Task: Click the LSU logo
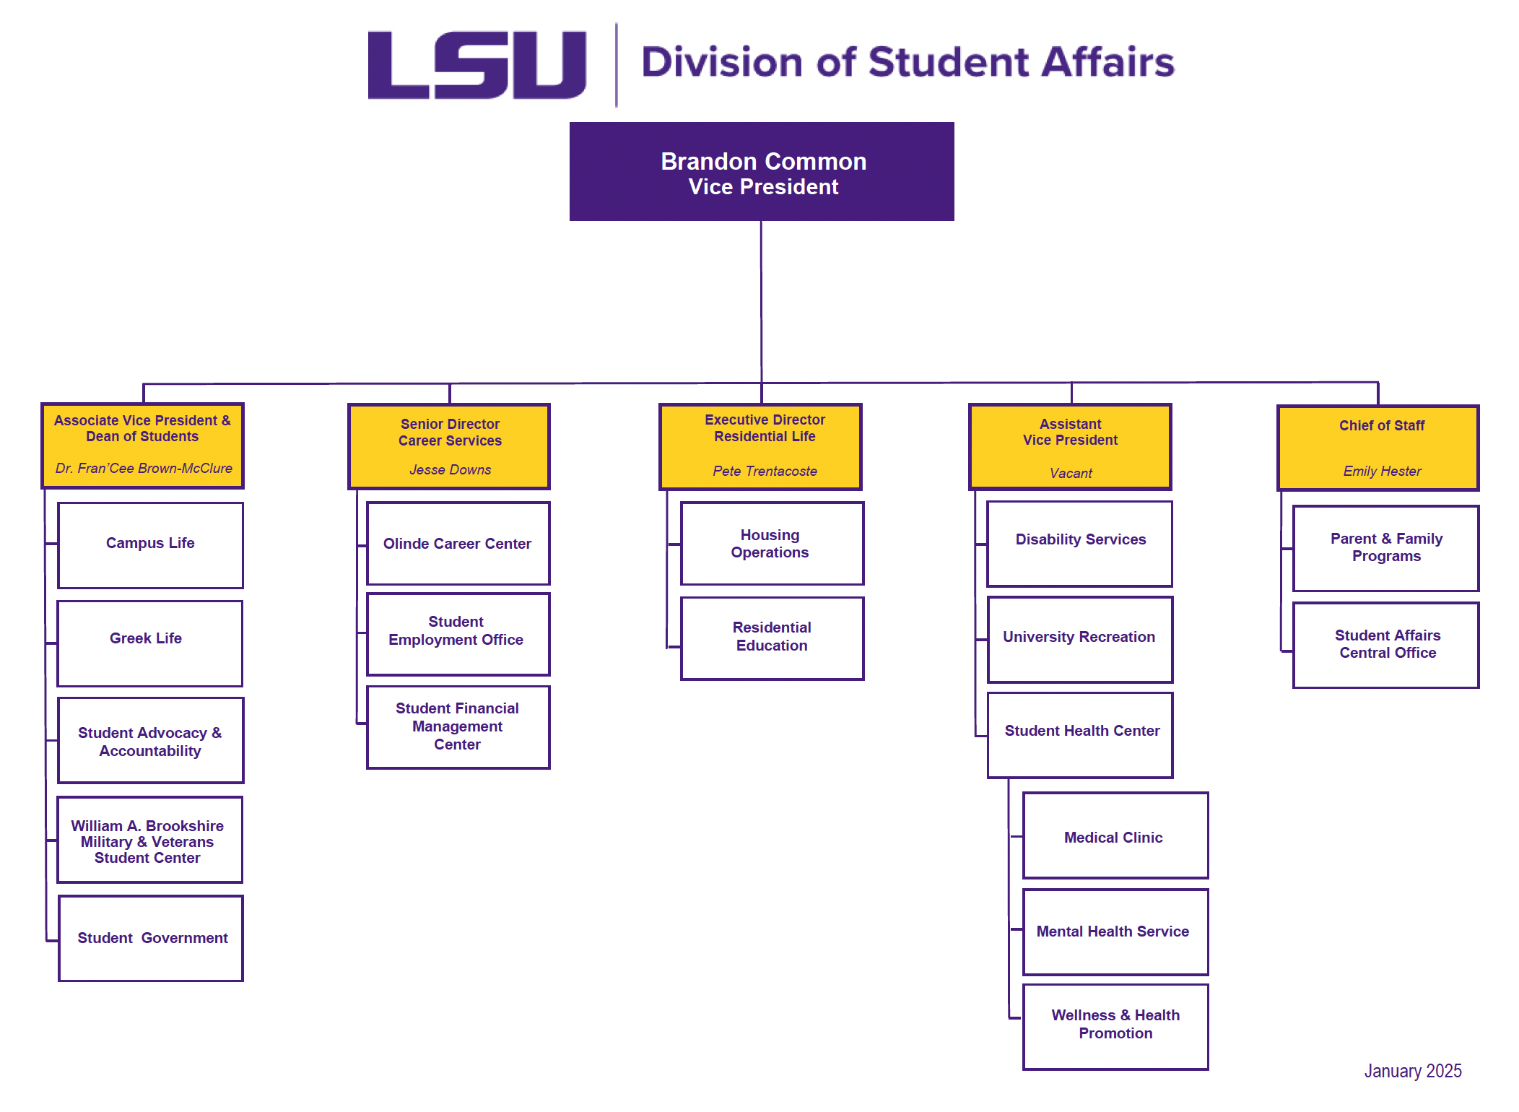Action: click(476, 65)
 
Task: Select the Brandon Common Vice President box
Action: click(762, 172)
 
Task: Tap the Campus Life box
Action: click(150, 544)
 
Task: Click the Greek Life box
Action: click(149, 642)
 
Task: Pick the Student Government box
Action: click(151, 938)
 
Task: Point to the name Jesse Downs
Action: click(450, 470)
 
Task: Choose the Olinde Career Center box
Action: click(458, 544)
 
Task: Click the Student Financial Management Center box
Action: click(458, 726)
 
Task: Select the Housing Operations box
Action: click(771, 544)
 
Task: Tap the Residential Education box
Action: click(771, 637)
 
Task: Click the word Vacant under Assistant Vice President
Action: click(1070, 474)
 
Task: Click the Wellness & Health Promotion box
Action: click(1115, 1025)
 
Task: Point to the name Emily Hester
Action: click(1381, 472)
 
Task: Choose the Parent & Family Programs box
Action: click(1385, 548)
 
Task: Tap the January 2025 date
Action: click(1412, 1071)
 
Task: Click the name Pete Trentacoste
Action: click(765, 472)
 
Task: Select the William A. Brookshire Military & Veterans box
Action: click(149, 840)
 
